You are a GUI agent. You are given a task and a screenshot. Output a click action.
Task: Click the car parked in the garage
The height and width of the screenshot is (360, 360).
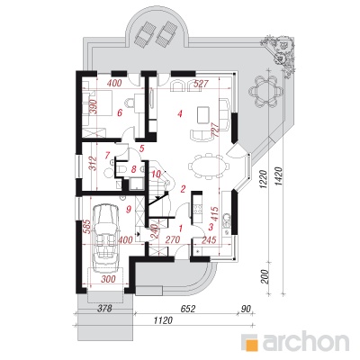pos(105,237)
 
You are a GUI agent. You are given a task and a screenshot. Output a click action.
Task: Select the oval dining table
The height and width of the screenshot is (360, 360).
pos(208,166)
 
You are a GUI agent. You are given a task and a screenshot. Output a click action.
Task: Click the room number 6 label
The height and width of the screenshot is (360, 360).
pos(120,113)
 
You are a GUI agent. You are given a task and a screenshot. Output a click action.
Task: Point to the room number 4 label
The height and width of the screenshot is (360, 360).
pos(180,113)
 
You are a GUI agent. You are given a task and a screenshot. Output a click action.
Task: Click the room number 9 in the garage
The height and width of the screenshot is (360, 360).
pos(129,210)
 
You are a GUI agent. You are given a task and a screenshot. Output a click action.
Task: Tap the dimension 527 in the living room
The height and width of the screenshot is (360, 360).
pos(201,84)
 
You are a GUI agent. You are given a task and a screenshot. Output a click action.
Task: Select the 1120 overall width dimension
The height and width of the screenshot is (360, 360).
pos(164,320)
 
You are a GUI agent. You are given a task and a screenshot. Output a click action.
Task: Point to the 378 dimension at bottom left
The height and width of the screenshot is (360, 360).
pos(104,308)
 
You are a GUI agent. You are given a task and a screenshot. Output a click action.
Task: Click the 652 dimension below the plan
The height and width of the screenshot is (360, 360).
pos(188,309)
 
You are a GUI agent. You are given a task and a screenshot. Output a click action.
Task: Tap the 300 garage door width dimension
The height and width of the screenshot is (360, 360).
pos(108,279)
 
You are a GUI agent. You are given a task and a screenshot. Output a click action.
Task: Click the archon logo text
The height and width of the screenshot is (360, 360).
pos(306,342)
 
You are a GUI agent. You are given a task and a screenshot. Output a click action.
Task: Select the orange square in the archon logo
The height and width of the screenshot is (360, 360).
pos(253,344)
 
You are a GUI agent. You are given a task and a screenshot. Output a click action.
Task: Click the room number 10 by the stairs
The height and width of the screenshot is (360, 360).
pos(157,174)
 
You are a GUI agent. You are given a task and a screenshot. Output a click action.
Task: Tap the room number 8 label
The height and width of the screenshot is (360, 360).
pos(134,169)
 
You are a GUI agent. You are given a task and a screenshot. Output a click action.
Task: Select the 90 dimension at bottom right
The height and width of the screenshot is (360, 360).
pos(245,309)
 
